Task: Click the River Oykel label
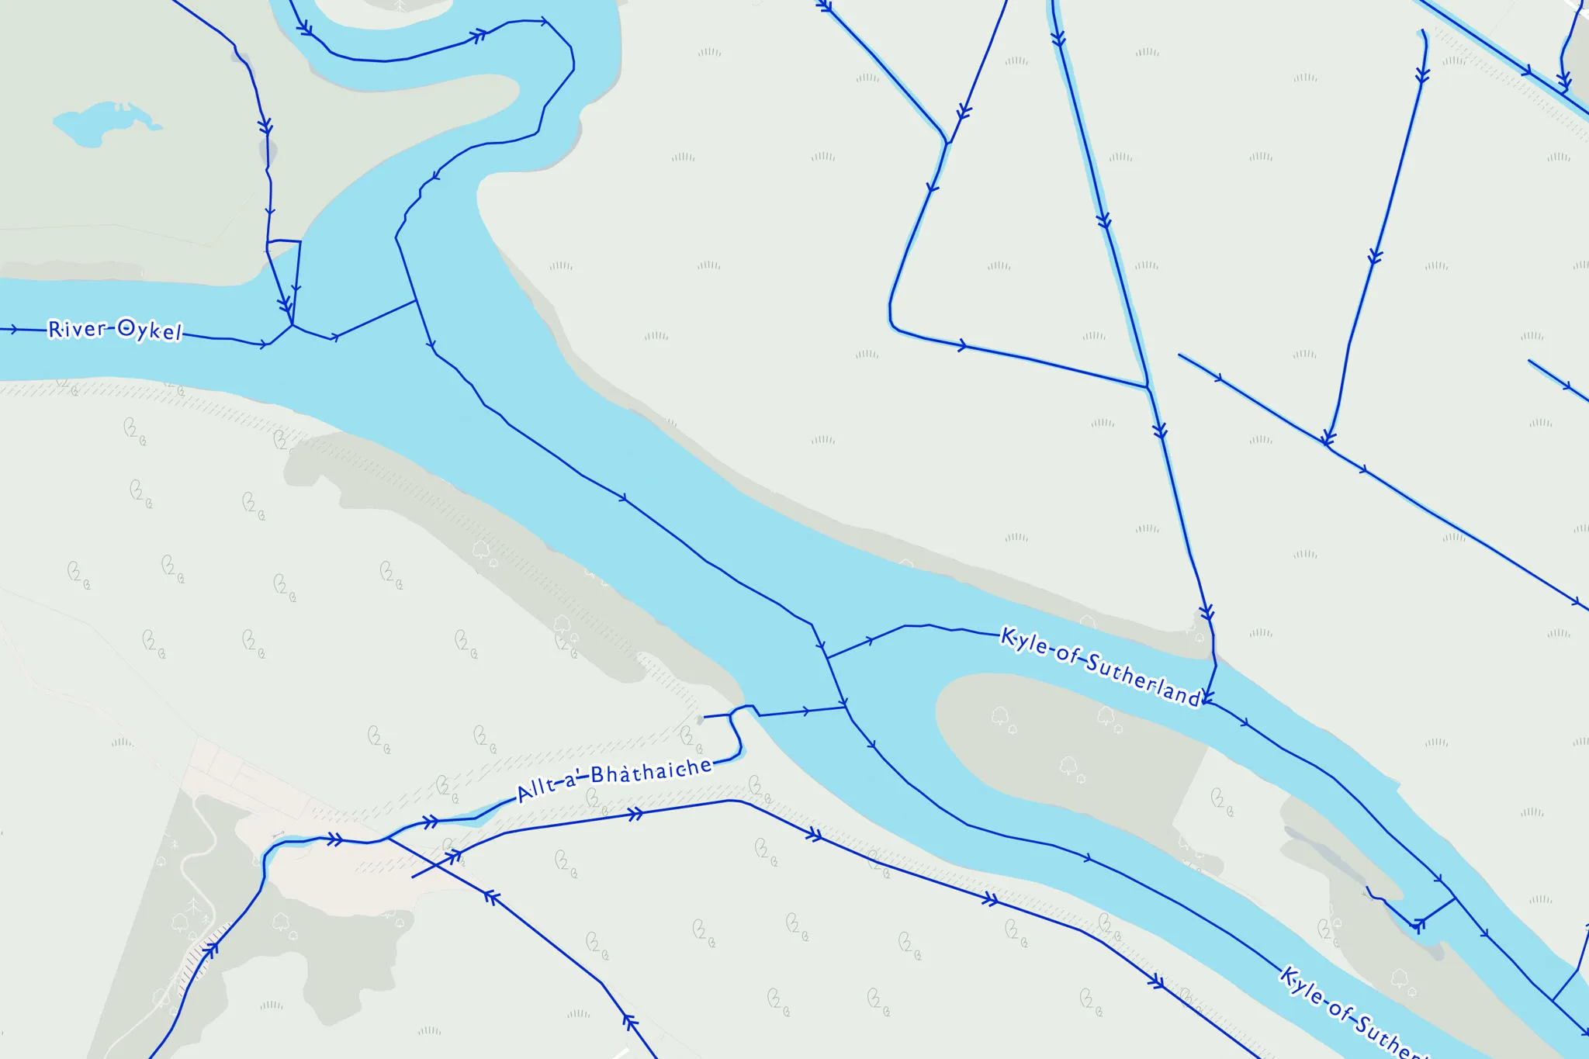115,330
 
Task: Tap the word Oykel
150,331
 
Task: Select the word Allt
537,790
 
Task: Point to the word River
76,329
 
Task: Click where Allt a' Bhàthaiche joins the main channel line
846,707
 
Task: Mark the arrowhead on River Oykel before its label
14,330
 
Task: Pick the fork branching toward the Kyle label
827,658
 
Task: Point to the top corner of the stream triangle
947,143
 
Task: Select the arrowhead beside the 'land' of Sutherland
1207,697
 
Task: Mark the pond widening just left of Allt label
481,813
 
